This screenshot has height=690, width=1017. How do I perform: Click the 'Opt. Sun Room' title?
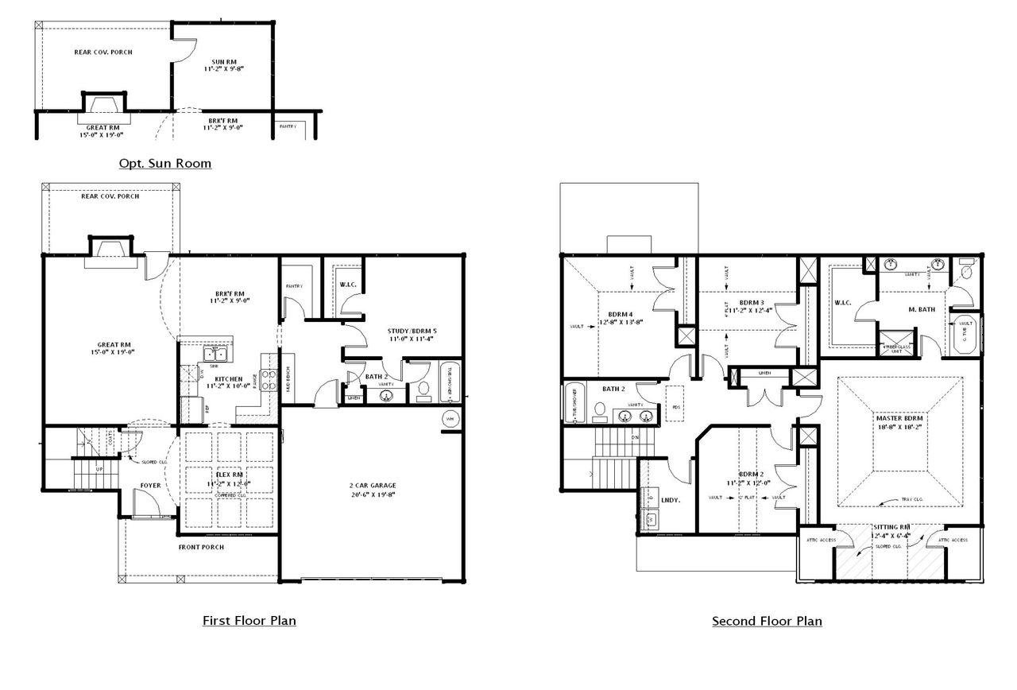click(x=165, y=164)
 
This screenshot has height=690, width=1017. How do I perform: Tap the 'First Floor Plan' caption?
click(x=249, y=620)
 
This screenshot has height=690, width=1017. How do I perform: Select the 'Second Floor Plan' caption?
click(x=767, y=621)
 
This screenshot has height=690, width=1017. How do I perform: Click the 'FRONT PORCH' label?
click(x=200, y=547)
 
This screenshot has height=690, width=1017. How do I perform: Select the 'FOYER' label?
click(x=151, y=485)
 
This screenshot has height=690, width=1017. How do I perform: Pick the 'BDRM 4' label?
click(x=621, y=313)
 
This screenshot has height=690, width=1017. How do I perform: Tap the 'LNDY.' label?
click(x=668, y=501)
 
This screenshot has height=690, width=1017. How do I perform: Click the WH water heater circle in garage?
click(x=449, y=418)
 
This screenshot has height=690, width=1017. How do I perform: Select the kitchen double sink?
click(x=215, y=355)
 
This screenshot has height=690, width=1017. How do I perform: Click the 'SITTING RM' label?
click(x=891, y=527)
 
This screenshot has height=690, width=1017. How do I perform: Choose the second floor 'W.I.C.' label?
click(x=843, y=302)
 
